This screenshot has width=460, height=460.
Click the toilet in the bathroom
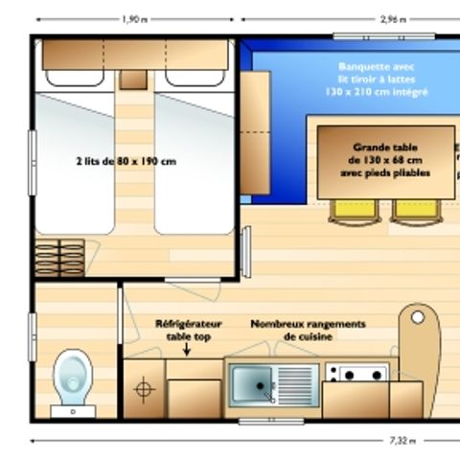(73, 375)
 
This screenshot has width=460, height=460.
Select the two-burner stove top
(356, 373)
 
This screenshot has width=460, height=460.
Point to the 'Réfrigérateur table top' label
(188, 331)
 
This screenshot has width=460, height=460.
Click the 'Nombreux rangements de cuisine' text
(308, 331)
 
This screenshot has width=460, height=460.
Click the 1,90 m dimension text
(135, 18)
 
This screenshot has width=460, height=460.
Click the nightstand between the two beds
(134, 80)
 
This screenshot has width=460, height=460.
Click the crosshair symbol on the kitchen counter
(145, 390)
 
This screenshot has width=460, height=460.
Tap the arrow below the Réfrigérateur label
(186, 353)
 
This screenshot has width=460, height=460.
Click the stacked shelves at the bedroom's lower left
(59, 257)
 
